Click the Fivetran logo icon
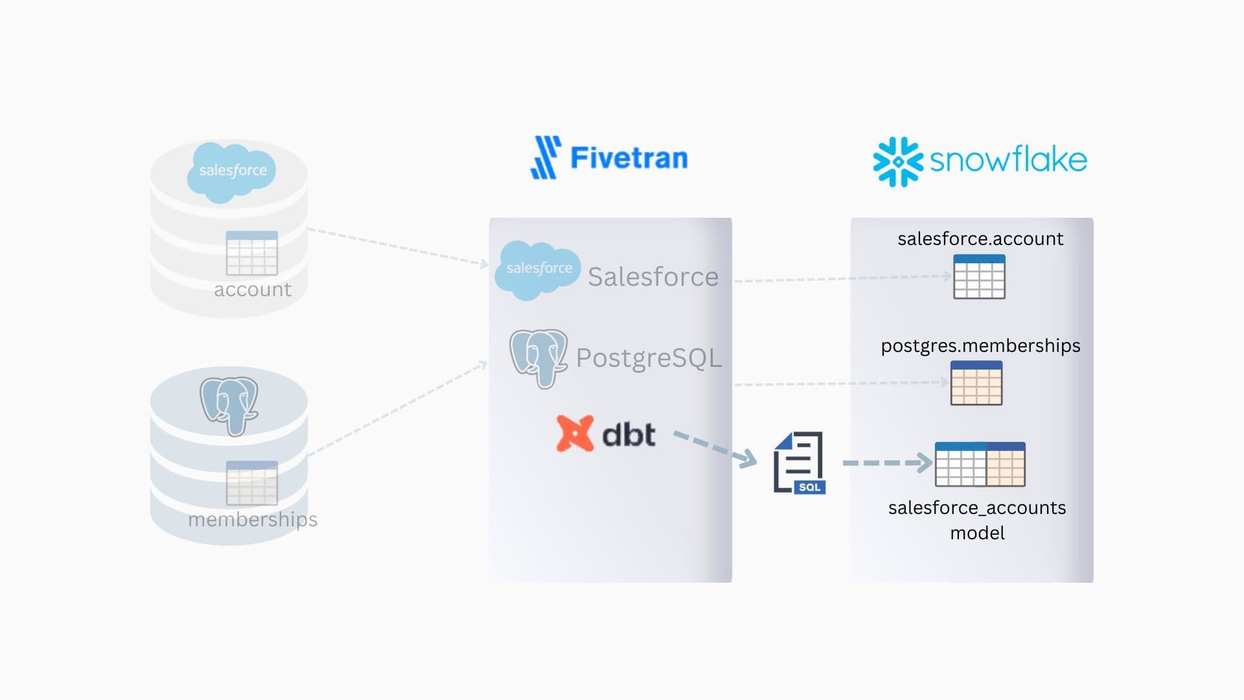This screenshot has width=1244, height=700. click(544, 157)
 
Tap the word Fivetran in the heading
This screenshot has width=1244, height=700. click(628, 158)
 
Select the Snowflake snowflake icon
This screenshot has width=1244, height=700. click(897, 161)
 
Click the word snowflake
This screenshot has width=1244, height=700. click(1008, 160)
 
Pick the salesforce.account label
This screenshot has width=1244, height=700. click(980, 239)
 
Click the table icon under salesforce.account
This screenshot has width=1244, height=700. click(979, 277)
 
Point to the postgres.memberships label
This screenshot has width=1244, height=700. click(980, 346)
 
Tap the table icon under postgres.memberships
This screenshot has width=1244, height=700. click(976, 383)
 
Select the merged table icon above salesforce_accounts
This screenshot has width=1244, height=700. click(980, 464)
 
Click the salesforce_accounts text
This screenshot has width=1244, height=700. click(976, 507)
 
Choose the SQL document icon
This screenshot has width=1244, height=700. click(799, 463)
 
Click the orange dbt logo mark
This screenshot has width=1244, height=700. click(575, 434)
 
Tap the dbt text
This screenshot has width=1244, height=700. click(628, 434)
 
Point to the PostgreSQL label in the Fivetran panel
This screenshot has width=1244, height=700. click(648, 358)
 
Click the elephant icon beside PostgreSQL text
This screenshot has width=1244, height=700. click(538, 358)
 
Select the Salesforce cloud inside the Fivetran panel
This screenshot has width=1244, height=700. click(538, 270)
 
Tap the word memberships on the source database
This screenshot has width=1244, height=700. click(253, 520)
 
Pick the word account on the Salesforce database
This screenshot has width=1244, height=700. click(253, 290)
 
